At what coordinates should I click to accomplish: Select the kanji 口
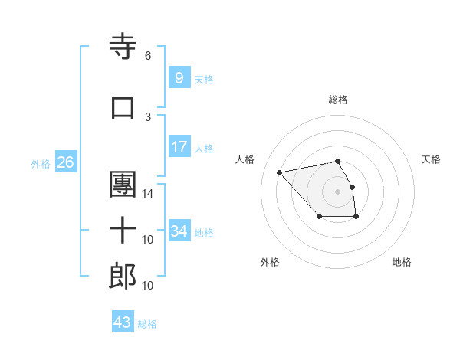(123, 108)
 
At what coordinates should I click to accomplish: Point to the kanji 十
(123, 231)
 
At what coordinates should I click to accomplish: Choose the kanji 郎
(123, 277)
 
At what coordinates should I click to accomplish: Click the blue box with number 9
(179, 78)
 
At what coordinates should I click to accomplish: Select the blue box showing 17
(179, 147)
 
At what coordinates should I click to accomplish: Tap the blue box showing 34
(179, 231)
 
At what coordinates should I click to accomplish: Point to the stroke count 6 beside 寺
(148, 56)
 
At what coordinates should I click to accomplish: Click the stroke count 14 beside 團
(148, 194)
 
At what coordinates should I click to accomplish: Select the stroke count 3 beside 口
(148, 116)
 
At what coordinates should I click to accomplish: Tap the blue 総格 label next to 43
(147, 324)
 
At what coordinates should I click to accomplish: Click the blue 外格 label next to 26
(41, 163)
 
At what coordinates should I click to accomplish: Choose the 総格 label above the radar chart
(338, 100)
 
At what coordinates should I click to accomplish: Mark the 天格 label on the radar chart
(432, 159)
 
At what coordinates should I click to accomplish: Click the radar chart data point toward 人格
(279, 172)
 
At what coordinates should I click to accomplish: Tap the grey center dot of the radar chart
(338, 191)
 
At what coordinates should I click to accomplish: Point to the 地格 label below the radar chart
(402, 262)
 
